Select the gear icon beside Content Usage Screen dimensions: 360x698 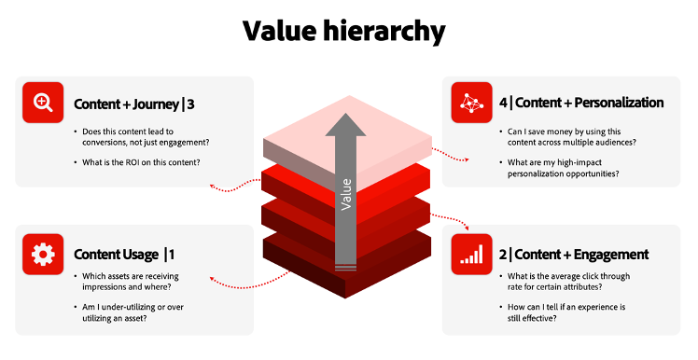(42, 254)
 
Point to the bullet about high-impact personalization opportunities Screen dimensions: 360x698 (566, 169)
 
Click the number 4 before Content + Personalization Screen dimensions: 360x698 (504, 103)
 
